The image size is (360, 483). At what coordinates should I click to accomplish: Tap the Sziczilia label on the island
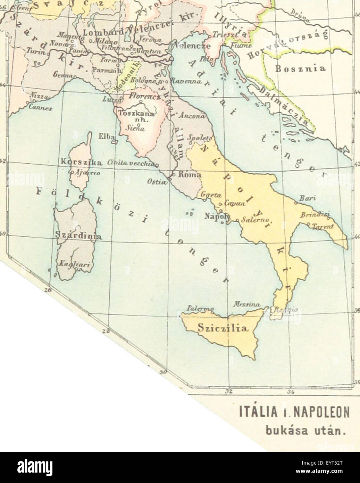point(223,328)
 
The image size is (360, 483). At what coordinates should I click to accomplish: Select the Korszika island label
point(81,162)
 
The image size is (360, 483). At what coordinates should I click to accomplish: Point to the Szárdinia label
point(78,236)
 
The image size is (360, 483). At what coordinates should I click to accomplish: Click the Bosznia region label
point(301,68)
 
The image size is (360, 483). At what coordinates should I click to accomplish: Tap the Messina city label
point(247,304)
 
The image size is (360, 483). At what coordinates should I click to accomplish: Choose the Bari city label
point(308,198)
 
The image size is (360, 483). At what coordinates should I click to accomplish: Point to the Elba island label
point(104,136)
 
